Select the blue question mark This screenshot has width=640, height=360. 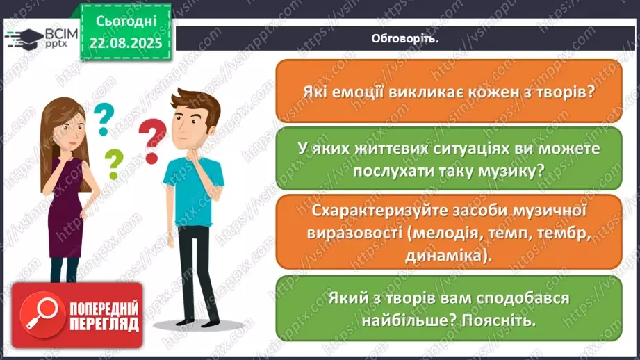tap(104, 117)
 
